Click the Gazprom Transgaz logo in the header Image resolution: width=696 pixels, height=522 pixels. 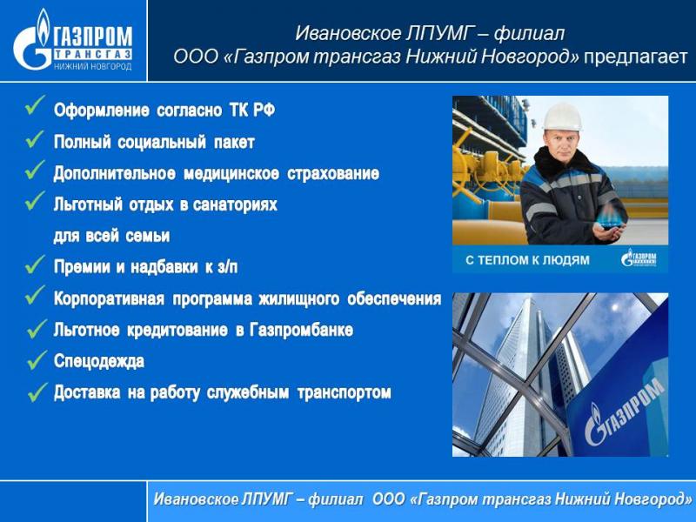coord(73,40)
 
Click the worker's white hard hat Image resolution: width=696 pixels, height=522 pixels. coord(562,117)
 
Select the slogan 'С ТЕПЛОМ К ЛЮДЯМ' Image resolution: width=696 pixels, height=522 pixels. coord(527,260)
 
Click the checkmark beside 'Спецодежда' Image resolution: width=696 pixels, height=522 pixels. coord(37,360)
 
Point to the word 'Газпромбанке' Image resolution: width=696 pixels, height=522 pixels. coord(301,330)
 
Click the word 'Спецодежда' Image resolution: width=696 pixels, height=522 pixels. coord(99,361)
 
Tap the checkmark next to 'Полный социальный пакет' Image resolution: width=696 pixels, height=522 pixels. coord(35,140)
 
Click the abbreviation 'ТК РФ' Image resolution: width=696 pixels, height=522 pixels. coord(252,110)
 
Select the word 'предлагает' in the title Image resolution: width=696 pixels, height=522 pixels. coord(636,57)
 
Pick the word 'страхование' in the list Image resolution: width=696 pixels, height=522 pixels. coord(333,173)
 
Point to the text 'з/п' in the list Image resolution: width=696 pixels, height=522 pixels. coord(228,267)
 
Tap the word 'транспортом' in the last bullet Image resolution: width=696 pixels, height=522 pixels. coord(344,393)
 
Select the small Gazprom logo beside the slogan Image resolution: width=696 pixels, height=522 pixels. coord(639,258)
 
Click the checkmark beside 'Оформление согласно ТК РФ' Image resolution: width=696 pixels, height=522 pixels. coord(35,105)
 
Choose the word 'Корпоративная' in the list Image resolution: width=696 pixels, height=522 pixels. coord(110,299)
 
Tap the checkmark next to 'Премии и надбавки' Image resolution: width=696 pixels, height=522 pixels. coord(35,265)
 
